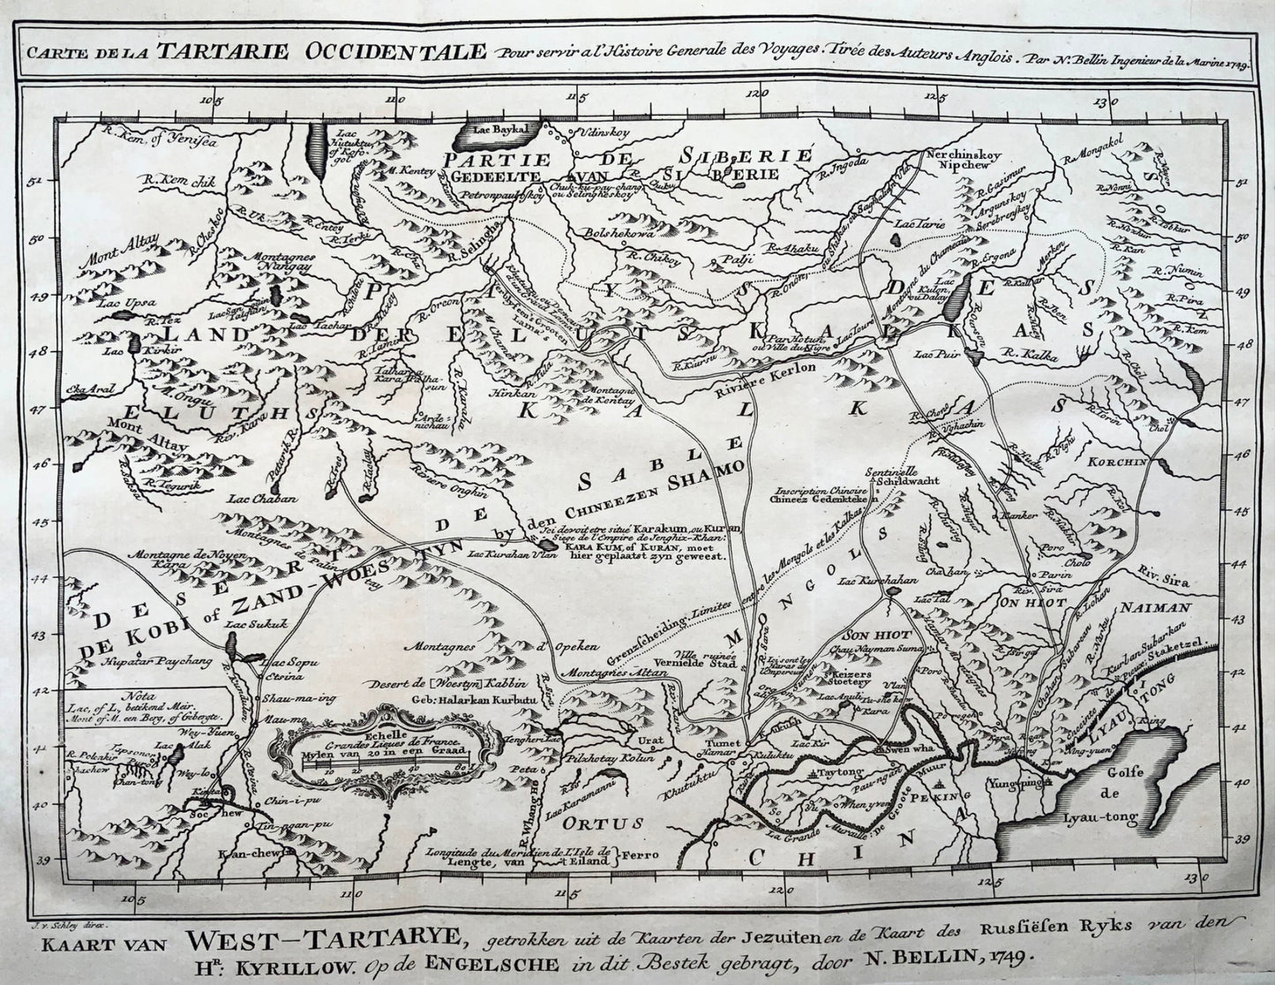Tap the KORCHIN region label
click(1147, 461)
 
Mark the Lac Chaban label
click(252, 498)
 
